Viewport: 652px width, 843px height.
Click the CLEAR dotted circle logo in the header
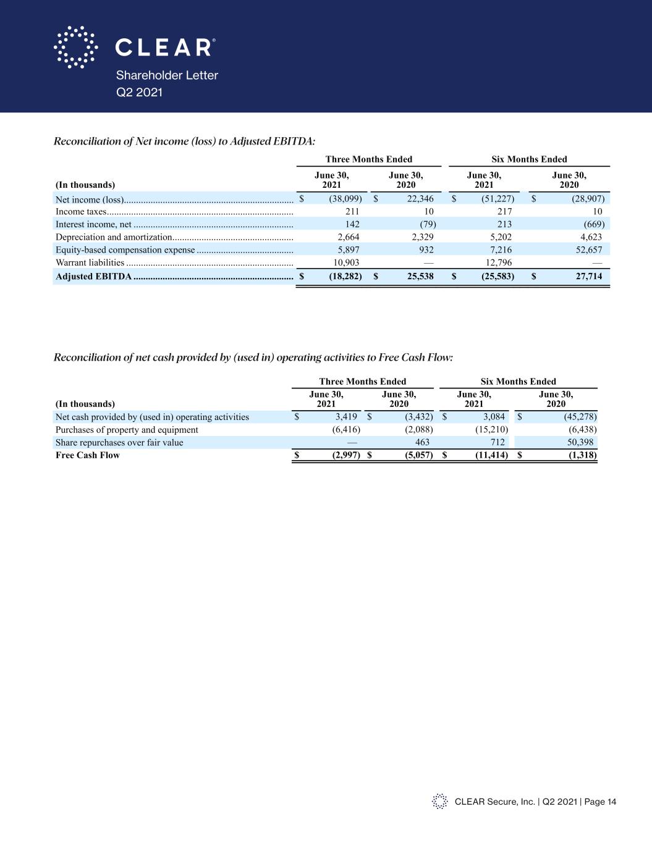75,47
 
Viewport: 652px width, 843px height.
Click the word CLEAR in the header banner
163,48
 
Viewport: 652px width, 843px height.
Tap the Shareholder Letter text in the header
167,75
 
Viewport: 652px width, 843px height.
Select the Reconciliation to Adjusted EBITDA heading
185,141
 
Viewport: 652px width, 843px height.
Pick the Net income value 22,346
418,199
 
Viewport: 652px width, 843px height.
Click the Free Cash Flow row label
88,455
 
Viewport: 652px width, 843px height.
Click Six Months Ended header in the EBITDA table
529,159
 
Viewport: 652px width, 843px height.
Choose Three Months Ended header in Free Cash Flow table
363,382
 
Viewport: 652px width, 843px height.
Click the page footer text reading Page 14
599,802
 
